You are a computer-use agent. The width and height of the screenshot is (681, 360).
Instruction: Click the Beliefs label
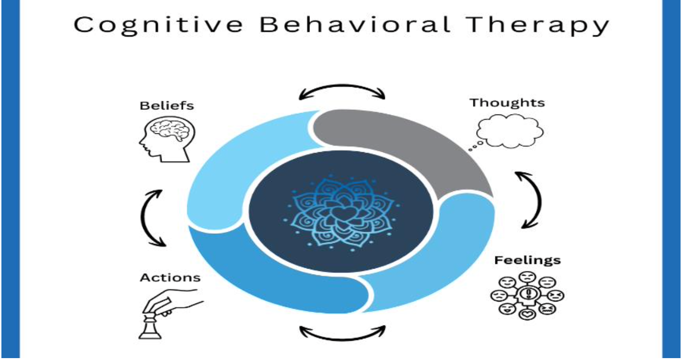(167, 106)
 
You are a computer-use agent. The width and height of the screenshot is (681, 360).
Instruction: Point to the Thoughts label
(507, 102)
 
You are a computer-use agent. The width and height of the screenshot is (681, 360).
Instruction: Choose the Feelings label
(527, 260)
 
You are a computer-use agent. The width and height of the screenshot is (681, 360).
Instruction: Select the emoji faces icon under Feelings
(527, 296)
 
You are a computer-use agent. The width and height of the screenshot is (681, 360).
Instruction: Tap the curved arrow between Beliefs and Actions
(150, 218)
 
